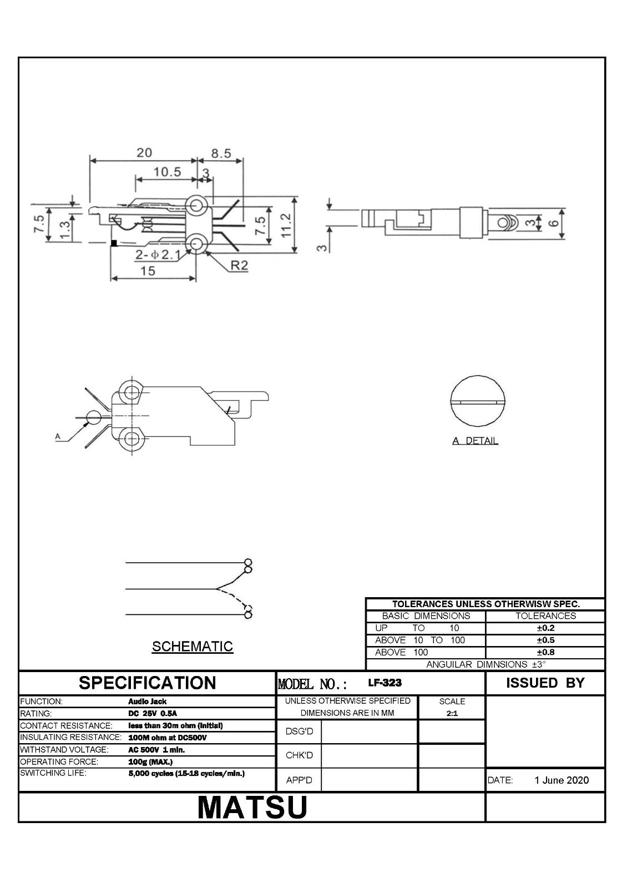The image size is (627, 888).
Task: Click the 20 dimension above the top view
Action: click(144, 153)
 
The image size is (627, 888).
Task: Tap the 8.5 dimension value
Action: click(221, 153)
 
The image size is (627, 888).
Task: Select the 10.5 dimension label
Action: click(167, 172)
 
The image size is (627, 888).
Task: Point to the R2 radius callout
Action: click(239, 265)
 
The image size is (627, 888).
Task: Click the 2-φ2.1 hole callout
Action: click(158, 255)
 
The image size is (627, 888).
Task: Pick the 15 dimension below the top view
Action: click(148, 271)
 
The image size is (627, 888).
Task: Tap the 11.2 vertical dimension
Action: click(286, 225)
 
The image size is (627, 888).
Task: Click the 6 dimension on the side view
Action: click(554, 223)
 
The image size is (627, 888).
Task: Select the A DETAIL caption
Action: click(475, 441)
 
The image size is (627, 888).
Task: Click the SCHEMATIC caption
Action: click(192, 647)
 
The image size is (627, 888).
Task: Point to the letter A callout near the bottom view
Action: click(58, 437)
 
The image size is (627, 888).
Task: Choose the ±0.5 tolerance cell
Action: click(545, 640)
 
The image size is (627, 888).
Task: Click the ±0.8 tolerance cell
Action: click(545, 652)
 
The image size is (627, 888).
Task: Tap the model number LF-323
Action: click(385, 683)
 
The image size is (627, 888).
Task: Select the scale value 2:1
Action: click(452, 713)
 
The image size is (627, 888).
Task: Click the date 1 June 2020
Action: click(562, 780)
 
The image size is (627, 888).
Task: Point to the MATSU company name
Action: click(252, 807)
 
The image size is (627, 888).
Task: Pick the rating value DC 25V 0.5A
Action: click(153, 714)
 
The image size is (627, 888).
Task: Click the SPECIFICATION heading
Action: click(147, 683)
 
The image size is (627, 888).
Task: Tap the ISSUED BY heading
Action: click(545, 683)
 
